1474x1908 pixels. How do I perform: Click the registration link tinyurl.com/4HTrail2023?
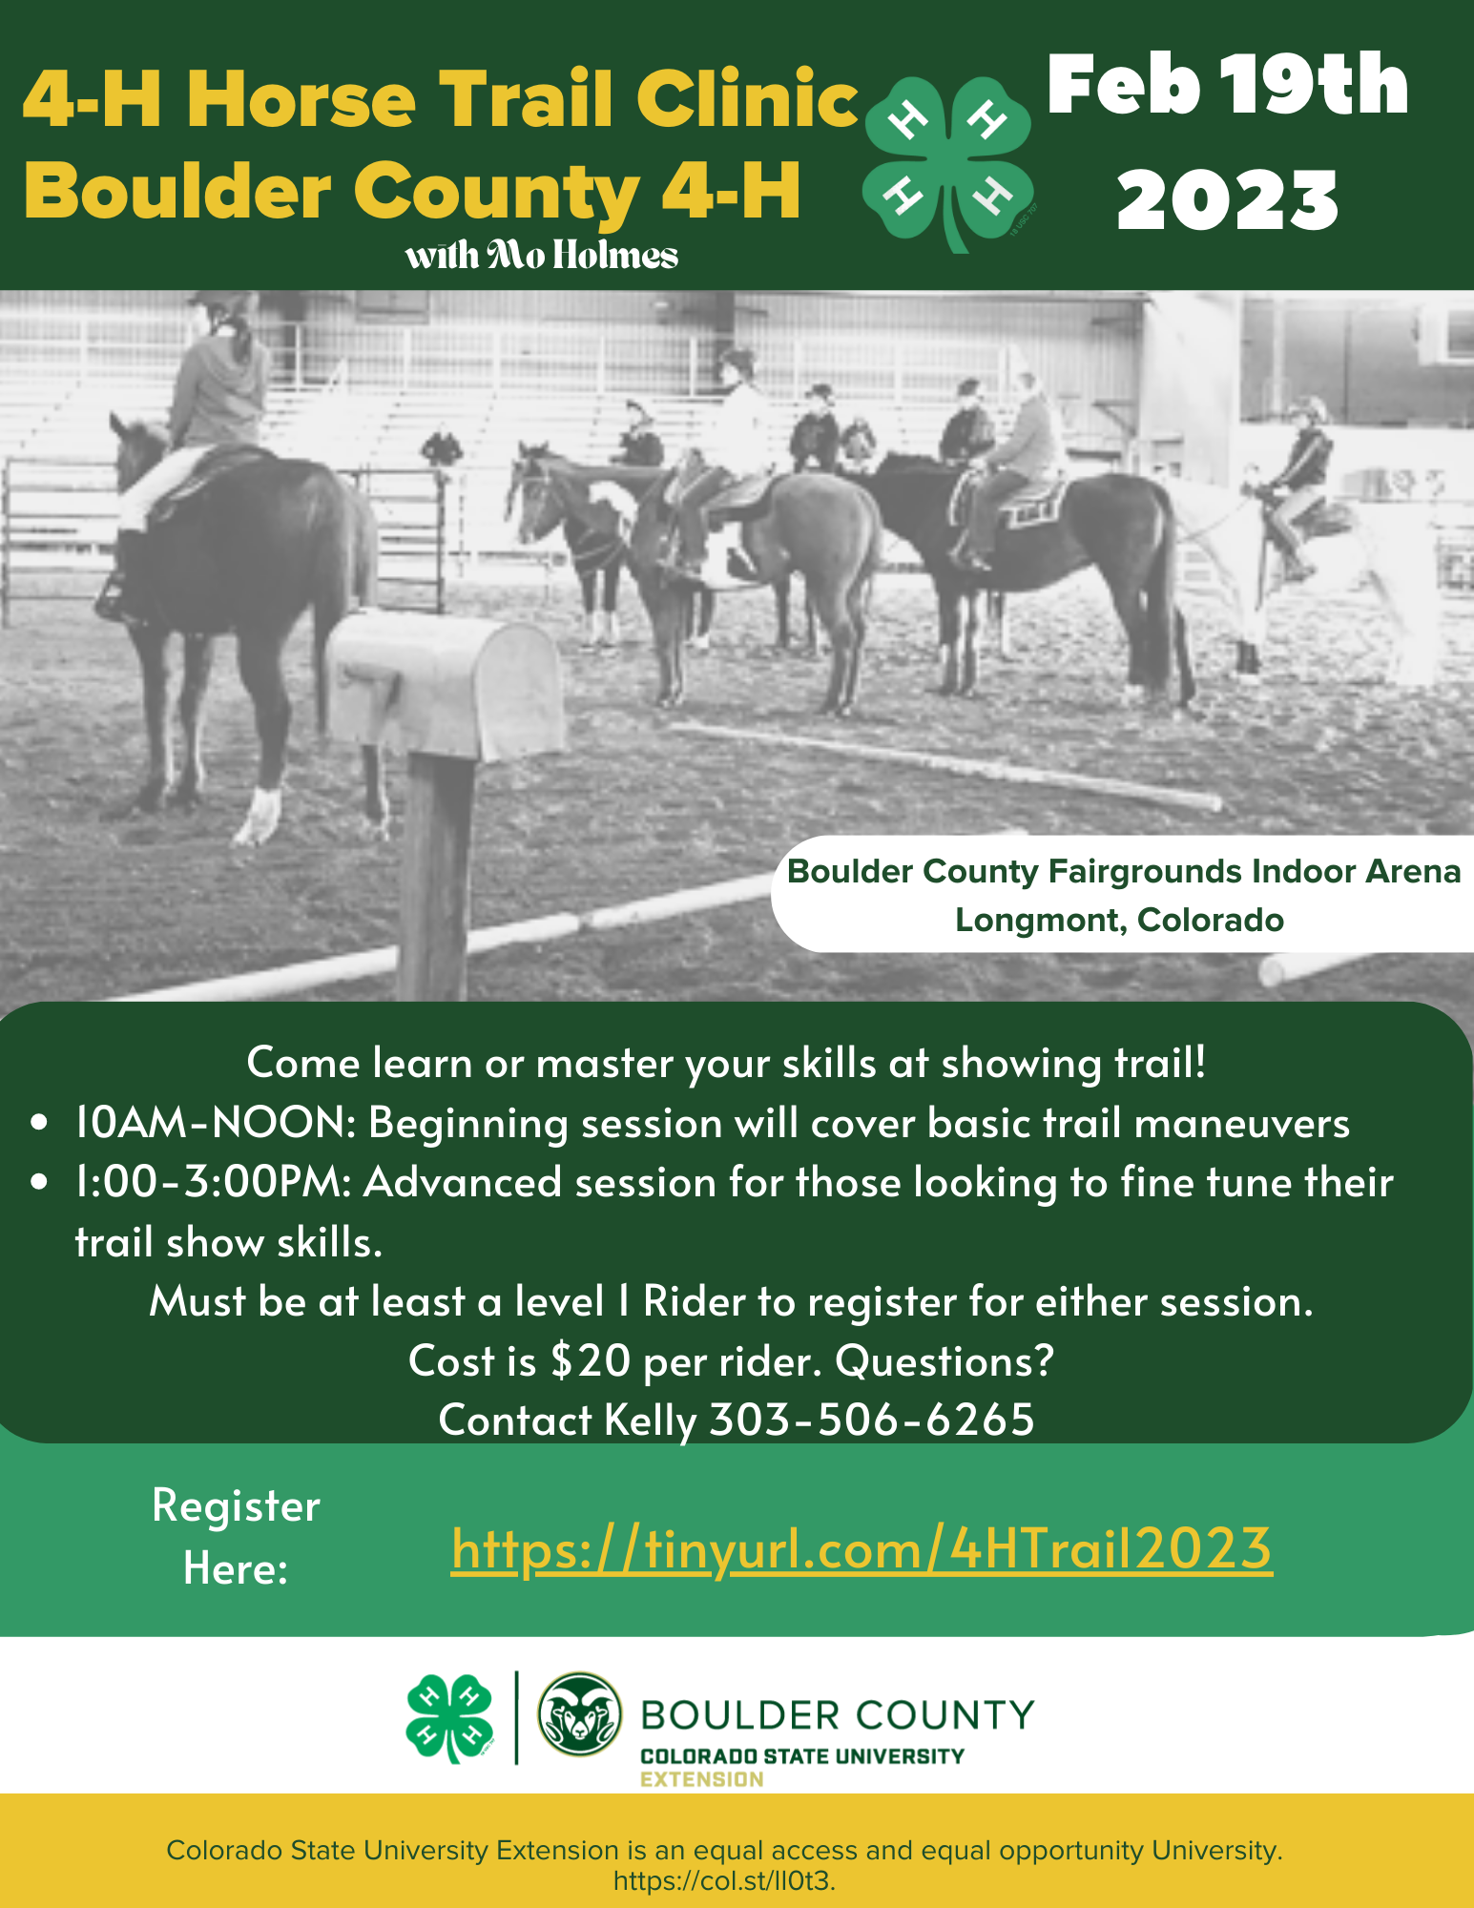click(861, 1547)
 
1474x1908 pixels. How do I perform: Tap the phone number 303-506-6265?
click(872, 1420)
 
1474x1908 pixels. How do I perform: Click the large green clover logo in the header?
click(948, 163)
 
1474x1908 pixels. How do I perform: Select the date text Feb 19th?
click(1227, 85)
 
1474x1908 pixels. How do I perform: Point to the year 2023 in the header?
click(1227, 200)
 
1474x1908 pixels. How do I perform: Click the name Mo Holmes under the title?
click(582, 256)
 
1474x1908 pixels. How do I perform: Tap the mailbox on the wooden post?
click(446, 681)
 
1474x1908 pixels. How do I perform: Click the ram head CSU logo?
click(579, 1714)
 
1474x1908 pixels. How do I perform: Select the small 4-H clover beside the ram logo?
click(449, 1716)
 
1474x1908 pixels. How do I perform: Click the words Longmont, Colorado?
click(1119, 920)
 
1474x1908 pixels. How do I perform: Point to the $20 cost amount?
click(591, 1360)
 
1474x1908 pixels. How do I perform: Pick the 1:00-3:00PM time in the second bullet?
click(213, 1182)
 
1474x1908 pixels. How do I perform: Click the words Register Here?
click(236, 1536)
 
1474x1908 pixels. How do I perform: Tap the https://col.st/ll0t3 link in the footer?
click(724, 1881)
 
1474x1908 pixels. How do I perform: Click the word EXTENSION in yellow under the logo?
click(701, 1779)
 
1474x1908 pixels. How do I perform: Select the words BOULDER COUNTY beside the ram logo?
click(838, 1714)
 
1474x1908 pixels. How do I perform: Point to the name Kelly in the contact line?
click(651, 1420)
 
